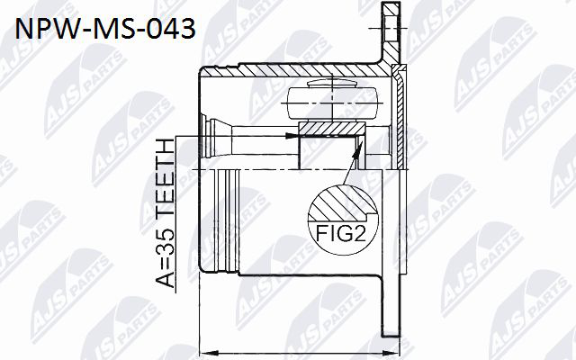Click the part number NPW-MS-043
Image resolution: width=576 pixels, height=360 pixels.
click(x=105, y=29)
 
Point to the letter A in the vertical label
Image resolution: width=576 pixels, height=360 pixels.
click(x=164, y=280)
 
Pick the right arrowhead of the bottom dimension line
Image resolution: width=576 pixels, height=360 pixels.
click(x=391, y=353)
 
